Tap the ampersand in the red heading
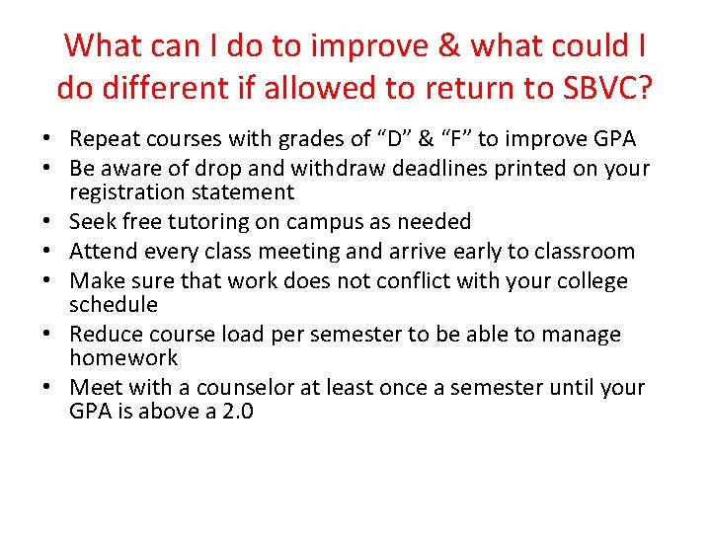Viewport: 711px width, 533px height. click(449, 45)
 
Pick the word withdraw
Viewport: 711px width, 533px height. click(338, 168)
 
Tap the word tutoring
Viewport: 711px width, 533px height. click(208, 222)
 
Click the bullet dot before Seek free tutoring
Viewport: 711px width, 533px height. click(46, 221)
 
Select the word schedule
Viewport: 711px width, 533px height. click(114, 304)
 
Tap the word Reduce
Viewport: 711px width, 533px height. click(106, 334)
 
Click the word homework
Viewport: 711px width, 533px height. click(123, 357)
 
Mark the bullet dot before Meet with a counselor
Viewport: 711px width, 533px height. click(46, 387)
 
